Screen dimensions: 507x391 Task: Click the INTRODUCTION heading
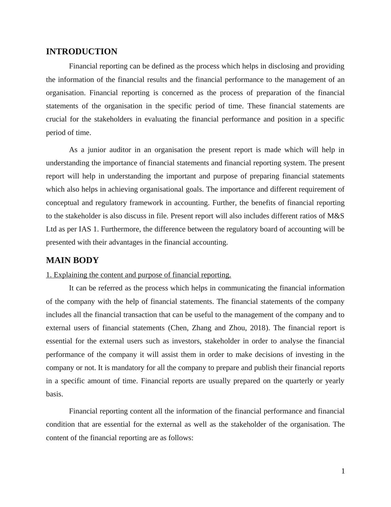click(81, 52)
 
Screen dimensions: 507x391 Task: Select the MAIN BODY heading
click(72, 260)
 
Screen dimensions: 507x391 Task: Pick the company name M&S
click(336, 216)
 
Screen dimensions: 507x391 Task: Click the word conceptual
click(62, 203)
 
